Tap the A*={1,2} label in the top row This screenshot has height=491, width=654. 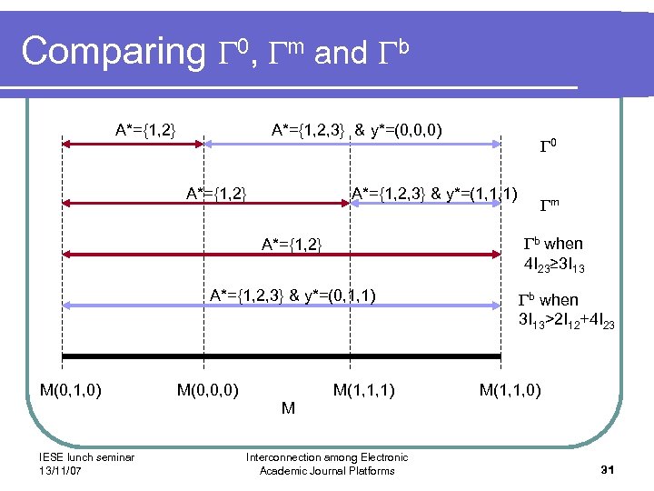[145, 129]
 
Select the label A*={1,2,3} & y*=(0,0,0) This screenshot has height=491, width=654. [357, 129]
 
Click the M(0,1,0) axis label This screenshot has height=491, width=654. [71, 390]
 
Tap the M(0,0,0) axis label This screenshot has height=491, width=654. [208, 390]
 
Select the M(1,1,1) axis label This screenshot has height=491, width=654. [363, 390]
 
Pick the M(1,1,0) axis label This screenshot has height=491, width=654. [510, 390]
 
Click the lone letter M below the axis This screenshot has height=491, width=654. [288, 408]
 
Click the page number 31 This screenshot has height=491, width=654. [609, 468]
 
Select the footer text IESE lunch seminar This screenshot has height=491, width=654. [87, 457]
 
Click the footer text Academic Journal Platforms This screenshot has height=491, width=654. [327, 470]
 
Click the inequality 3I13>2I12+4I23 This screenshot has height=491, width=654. [566, 321]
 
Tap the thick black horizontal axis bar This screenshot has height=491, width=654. [282, 356]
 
